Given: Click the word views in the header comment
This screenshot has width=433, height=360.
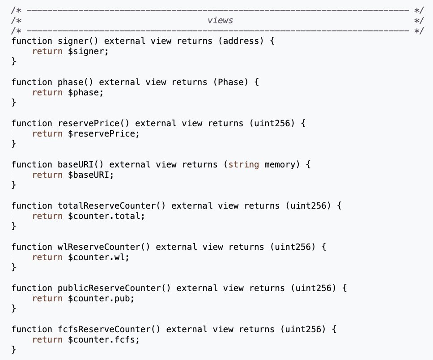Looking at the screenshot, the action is tap(220, 21).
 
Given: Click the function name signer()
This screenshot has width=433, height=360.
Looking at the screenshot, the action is tap(78, 41).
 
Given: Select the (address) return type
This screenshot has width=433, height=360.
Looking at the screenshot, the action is tap(241, 41).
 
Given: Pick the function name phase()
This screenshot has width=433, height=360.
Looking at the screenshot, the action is tap(76, 82).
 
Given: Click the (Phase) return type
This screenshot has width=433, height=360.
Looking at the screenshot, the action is tap(230, 82).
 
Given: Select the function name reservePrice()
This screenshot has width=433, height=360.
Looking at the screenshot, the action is tap(93, 123).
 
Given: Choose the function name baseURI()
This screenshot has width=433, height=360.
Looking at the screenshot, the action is tap(81, 164).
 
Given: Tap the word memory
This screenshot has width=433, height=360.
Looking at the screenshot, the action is tap(280, 164).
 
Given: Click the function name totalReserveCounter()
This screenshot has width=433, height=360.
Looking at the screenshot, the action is tap(111, 206).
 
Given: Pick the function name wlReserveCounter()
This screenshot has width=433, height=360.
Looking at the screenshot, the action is tap(104, 247).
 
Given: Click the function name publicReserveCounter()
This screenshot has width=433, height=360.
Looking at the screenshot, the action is tap(114, 288).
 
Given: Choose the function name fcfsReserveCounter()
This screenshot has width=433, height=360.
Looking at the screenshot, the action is tap(109, 329).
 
